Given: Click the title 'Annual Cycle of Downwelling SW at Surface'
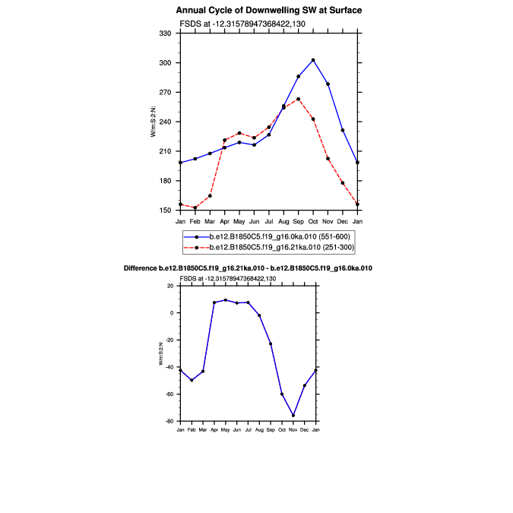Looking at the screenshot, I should tap(269, 11).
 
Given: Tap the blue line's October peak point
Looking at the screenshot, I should tap(313, 60).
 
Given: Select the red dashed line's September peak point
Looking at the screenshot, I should tap(298, 99).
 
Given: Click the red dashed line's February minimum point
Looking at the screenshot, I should tap(195, 207).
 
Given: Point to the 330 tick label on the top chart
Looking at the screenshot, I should tap(165, 33).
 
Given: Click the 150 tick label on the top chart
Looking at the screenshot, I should tap(165, 211).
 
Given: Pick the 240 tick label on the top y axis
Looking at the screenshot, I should tap(165, 122).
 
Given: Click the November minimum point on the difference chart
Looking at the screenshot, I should tap(293, 416).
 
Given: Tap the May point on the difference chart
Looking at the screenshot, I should tap(225, 300).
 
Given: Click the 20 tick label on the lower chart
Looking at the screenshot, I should tap(171, 286).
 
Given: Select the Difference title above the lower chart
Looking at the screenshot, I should tap(248, 269).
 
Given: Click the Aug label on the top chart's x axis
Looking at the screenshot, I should tap(283, 221).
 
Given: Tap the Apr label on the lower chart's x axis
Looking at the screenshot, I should tap(214, 430).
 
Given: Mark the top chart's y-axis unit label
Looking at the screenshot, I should tap(154, 122).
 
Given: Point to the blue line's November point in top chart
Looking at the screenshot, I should tap(328, 84).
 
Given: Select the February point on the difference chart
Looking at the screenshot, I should tap(192, 380).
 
